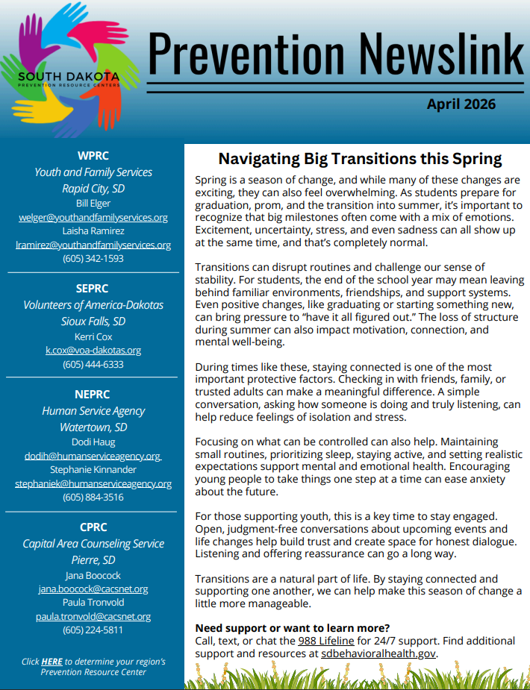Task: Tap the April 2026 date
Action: click(461, 104)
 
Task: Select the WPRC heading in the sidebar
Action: click(93, 156)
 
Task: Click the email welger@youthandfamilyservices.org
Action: click(93, 217)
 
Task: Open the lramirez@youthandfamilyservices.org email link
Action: click(93, 245)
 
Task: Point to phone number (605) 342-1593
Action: click(93, 259)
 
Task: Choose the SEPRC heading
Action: click(93, 289)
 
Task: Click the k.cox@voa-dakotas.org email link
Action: click(93, 350)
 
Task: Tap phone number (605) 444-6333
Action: click(93, 365)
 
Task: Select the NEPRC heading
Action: click(93, 395)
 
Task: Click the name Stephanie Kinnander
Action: click(93, 469)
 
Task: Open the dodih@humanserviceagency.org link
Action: click(93, 456)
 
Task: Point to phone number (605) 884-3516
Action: click(93, 498)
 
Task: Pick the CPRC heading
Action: click(93, 527)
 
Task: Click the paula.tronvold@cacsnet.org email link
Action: click(93, 616)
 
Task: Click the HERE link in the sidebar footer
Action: click(52, 661)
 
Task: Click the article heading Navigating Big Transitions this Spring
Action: click(360, 159)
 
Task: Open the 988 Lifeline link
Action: click(325, 641)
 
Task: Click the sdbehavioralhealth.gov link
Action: click(378, 654)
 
